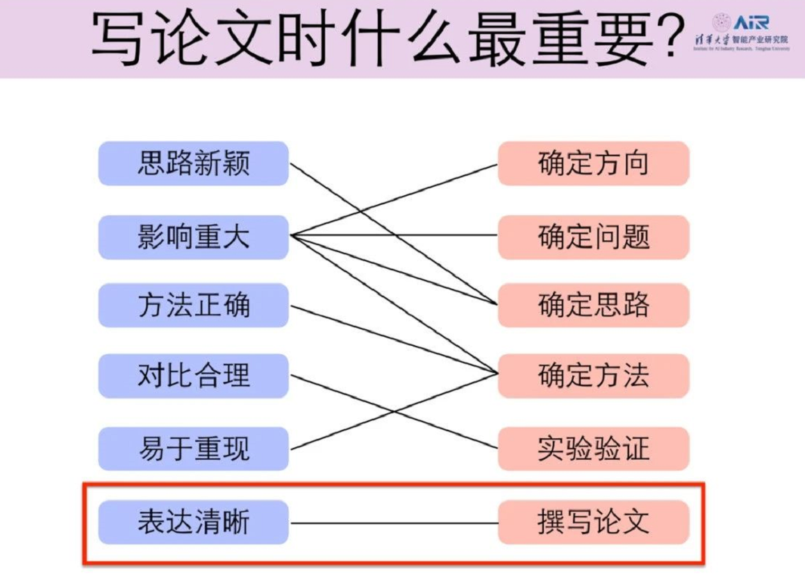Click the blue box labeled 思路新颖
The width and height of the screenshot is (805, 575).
tap(193, 164)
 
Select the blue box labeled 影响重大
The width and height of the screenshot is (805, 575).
tap(193, 237)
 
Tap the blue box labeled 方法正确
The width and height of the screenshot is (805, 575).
tap(193, 306)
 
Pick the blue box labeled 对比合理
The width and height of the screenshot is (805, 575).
tap(193, 376)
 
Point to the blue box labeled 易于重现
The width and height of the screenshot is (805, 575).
tap(193, 449)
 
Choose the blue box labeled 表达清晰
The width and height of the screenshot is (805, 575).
tap(193, 522)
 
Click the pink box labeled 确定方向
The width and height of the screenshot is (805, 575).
tap(593, 164)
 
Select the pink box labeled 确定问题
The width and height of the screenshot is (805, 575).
tap(593, 237)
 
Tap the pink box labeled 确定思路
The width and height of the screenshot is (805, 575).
tap(593, 306)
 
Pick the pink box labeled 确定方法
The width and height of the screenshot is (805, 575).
tap(593, 376)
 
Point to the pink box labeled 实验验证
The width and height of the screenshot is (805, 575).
tap(593, 449)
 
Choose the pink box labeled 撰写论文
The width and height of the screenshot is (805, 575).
tap(593, 522)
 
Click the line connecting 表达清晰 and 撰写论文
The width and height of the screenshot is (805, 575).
tap(393, 523)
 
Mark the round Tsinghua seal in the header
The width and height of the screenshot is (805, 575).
tap(721, 22)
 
